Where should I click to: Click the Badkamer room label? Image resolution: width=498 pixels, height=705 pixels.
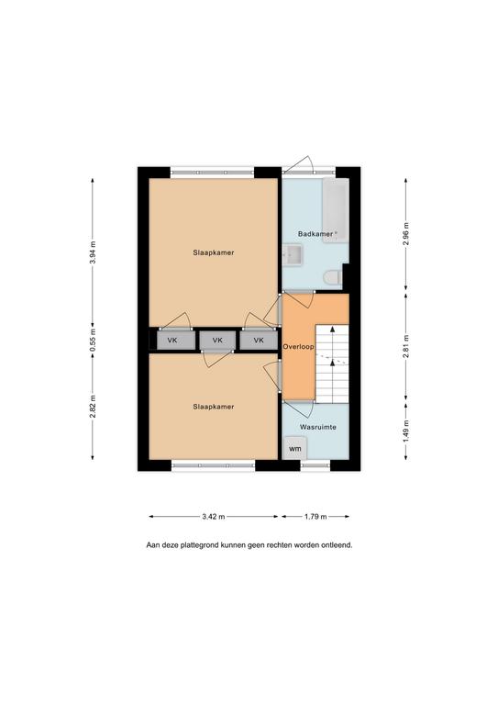[316, 234]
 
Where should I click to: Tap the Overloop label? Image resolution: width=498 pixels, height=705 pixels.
[298, 347]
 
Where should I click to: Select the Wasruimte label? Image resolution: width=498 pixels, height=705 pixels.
[318, 427]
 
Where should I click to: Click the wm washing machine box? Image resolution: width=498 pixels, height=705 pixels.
[295, 448]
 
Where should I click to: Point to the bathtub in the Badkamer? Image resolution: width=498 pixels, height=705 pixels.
[336, 210]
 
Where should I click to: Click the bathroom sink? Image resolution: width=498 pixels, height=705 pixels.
[293, 256]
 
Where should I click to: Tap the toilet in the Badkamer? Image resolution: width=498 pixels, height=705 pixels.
[333, 277]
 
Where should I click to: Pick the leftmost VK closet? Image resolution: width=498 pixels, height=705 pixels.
[176, 341]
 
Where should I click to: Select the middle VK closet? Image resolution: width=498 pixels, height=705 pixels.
[217, 341]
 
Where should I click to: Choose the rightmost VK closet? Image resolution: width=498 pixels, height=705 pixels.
[259, 341]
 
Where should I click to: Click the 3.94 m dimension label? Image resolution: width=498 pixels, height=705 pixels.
[93, 253]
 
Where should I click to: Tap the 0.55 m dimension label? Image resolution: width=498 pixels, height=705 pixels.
[93, 341]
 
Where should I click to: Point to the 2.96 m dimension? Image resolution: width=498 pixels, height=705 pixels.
[406, 234]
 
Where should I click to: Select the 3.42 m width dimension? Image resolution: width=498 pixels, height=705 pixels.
[214, 517]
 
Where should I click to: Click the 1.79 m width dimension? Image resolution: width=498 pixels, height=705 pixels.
[315, 517]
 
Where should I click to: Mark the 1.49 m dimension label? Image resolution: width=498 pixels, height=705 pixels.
[406, 431]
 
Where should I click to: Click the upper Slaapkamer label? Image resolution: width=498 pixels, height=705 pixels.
[214, 252]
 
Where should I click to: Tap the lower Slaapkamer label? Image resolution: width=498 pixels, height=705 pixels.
[214, 407]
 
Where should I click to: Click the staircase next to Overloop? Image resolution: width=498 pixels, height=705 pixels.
[332, 364]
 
